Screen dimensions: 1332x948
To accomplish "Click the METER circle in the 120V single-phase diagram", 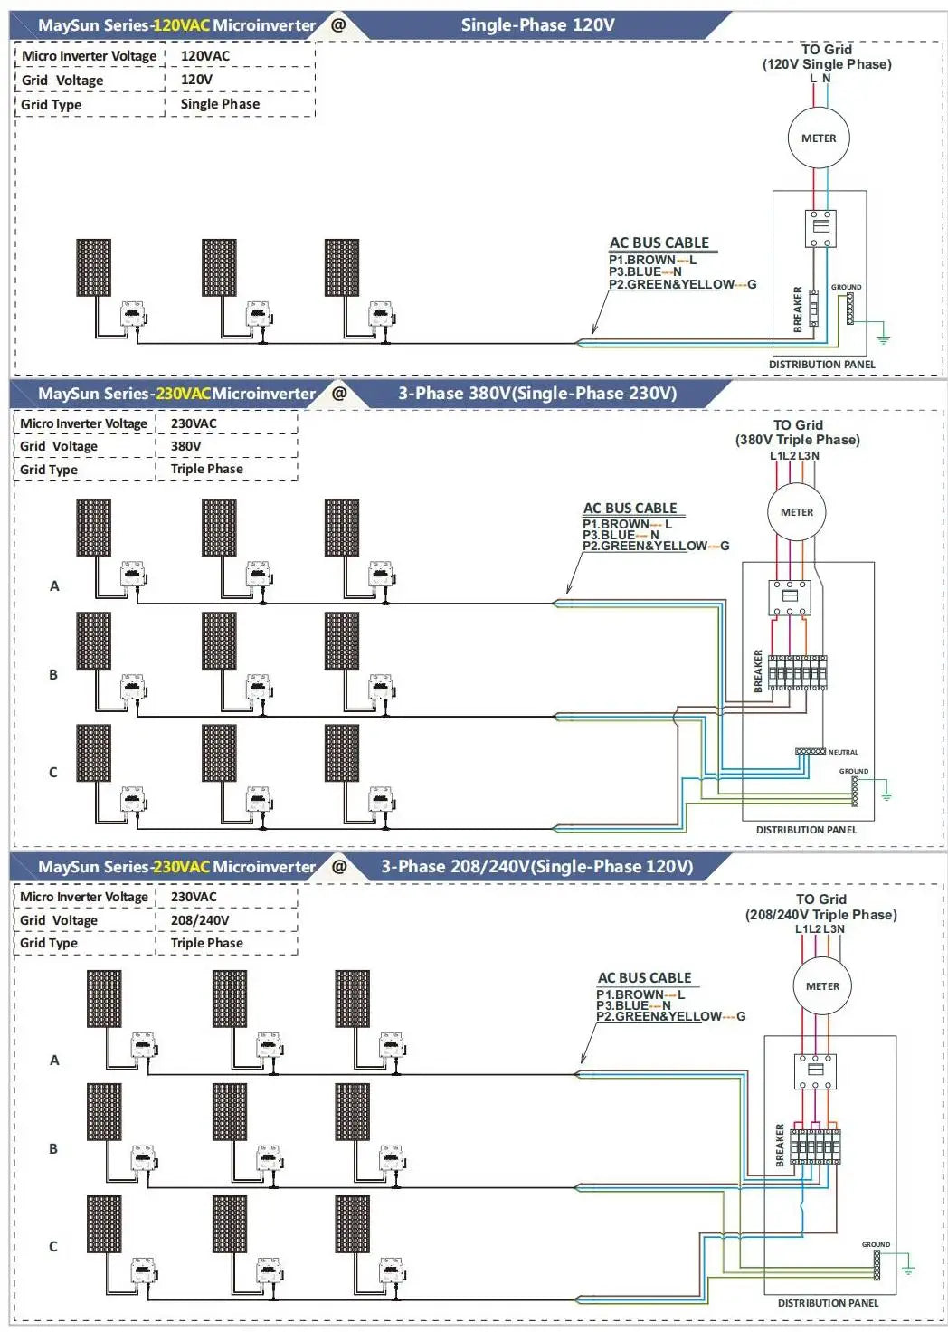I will point(819,138).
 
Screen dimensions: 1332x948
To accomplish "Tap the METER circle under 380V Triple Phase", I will point(796,512).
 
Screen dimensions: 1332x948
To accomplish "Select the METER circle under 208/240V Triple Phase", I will point(822,986).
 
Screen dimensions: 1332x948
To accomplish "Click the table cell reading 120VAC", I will point(205,56).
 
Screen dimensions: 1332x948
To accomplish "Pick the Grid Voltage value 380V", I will point(186,446).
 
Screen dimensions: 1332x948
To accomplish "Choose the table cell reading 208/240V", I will point(200,920).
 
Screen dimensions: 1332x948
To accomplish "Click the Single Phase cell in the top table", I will point(220,104).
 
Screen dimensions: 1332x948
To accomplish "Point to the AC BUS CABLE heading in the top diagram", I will point(659,243).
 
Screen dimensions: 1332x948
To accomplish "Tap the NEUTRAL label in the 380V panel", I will point(843,752).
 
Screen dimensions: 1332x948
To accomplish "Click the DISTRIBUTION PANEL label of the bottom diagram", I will point(828,1303).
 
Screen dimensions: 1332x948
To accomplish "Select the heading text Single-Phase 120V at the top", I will point(537,25).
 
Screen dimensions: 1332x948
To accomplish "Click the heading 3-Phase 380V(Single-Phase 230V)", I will point(537,394).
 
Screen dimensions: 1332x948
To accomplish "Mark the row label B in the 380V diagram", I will point(53,675).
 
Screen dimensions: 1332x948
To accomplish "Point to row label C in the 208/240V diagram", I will point(53,1247).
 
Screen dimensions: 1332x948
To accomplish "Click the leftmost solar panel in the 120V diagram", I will point(94,268).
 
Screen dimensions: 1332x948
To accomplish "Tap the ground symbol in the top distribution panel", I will point(883,338).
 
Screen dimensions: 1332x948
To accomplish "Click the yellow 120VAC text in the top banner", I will point(181,25).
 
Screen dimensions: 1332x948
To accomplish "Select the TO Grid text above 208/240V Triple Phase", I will point(820,899).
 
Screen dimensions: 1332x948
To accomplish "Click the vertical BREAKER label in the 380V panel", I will point(758,671).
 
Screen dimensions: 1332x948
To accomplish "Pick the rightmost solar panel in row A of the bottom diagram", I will point(352,998).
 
